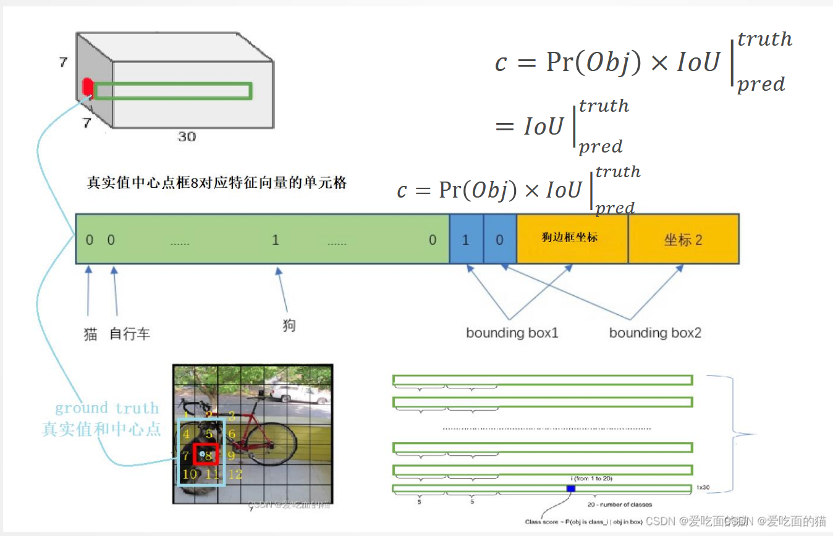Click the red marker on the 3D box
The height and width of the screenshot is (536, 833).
click(x=88, y=87)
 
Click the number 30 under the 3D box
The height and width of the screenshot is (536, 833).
click(x=187, y=136)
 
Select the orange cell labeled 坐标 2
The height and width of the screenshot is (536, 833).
click(x=683, y=240)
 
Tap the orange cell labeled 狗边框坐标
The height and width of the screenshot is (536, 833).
click(x=572, y=238)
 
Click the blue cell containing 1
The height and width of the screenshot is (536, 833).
click(x=466, y=240)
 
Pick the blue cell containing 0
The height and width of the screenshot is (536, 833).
click(x=499, y=240)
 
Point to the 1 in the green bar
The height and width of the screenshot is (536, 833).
click(x=276, y=240)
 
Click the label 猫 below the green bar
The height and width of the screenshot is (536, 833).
click(x=90, y=334)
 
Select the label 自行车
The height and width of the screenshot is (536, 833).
click(x=130, y=334)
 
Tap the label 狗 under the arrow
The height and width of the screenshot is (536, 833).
click(x=289, y=325)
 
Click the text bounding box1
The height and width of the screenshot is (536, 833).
click(x=512, y=333)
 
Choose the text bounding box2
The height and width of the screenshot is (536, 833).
click(x=655, y=333)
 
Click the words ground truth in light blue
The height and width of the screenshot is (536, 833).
click(x=106, y=408)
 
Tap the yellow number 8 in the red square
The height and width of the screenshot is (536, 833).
click(x=209, y=456)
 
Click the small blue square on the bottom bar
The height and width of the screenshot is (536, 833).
click(x=570, y=488)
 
